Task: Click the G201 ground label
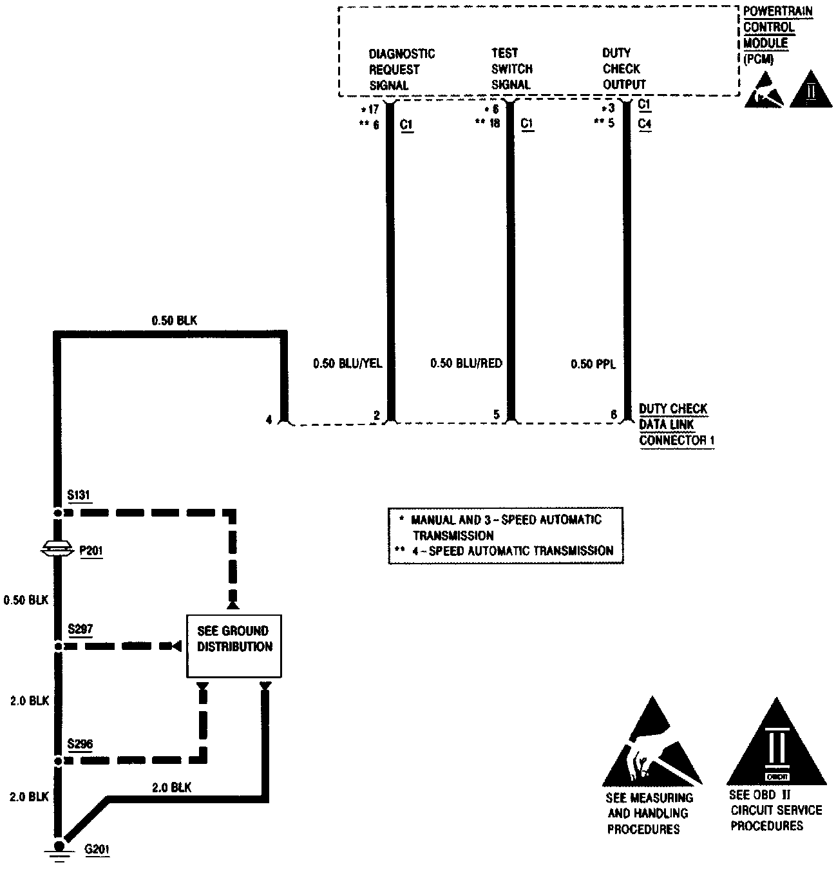point(97,849)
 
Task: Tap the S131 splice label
point(79,495)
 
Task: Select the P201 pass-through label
point(91,551)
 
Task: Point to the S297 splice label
point(81,629)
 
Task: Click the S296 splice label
point(81,745)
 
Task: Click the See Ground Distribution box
point(234,646)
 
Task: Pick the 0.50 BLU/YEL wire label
point(348,364)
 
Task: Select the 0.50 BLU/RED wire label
point(466,364)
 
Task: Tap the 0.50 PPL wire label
point(593,365)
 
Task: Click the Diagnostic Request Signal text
point(401,69)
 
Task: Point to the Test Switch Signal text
point(512,69)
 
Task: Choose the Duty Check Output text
point(623,69)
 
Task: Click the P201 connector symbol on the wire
point(58,549)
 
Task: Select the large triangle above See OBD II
point(776,744)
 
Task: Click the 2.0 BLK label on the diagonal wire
point(171,787)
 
